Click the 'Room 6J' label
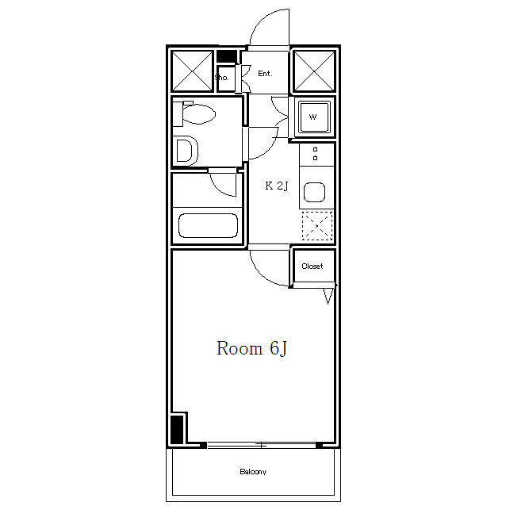click(x=251, y=348)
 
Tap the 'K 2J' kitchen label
click(x=277, y=186)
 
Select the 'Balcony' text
click(x=253, y=472)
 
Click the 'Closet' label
click(x=312, y=266)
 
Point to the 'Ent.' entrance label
click(x=265, y=74)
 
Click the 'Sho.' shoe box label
click(x=222, y=78)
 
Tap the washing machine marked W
click(x=314, y=117)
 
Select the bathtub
click(x=208, y=225)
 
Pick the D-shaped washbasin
click(x=187, y=151)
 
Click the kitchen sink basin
click(x=314, y=192)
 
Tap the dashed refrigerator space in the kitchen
click(x=317, y=226)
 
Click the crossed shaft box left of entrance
click(x=193, y=71)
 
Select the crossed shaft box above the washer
click(x=314, y=71)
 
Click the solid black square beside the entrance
click(x=227, y=56)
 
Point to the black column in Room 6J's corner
click(x=177, y=430)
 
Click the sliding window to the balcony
click(x=262, y=446)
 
